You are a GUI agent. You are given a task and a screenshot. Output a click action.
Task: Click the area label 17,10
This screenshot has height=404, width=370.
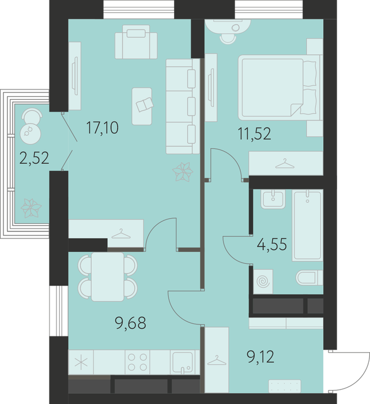pos(103,128)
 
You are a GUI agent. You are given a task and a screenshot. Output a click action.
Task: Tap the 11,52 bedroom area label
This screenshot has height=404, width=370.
pos(255,134)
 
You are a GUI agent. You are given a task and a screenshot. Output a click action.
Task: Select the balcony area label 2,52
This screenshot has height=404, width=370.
pos(34,158)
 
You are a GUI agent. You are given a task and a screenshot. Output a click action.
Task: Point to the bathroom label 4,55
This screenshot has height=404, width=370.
pos(271,244)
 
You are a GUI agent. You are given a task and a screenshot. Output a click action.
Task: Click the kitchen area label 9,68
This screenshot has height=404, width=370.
pos(131,323)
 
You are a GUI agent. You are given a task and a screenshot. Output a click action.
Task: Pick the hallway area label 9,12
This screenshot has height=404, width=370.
pos(260,357)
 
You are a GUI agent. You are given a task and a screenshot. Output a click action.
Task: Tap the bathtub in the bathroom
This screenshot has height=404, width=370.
pos(307,225)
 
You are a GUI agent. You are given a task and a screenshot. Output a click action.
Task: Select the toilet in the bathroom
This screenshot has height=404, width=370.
pos(309,278)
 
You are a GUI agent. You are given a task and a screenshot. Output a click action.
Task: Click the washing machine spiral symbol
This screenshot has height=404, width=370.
pos(263,282)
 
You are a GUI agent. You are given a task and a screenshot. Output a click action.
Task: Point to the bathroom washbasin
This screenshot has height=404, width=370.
pos(273,199)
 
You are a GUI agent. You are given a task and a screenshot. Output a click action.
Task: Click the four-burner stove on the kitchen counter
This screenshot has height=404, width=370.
pos(137,362)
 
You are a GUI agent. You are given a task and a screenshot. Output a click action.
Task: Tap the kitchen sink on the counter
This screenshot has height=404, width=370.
pos(183,362)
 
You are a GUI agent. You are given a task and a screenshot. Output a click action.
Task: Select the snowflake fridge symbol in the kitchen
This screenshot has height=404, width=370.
pos(81,362)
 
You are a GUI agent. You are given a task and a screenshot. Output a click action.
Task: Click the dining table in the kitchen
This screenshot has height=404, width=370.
pos(108,276)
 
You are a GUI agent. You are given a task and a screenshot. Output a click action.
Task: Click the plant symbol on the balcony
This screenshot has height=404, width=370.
pos(31,208)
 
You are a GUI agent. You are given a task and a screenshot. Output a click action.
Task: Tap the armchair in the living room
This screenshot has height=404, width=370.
pos(136,42)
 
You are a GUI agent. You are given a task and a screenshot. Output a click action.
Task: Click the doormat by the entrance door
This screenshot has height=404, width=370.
pos(285,386)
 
